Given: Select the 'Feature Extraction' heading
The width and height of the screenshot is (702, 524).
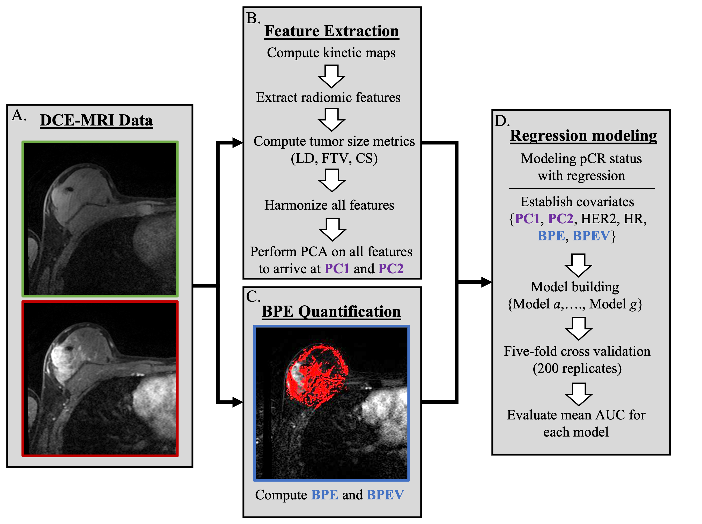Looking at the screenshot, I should point(331,31).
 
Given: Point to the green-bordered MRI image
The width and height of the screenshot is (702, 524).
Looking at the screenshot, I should point(100,219).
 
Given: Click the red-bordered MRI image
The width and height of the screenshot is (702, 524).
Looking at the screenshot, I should point(100,378).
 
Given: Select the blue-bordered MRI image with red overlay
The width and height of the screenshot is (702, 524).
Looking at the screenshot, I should point(331,403).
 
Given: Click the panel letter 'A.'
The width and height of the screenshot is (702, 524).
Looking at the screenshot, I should point(19,115).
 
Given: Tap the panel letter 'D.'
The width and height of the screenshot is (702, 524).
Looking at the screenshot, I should point(502,121).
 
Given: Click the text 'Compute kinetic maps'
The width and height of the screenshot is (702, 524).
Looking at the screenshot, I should point(331,53).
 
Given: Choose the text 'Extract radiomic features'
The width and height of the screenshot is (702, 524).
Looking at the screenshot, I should point(328,97).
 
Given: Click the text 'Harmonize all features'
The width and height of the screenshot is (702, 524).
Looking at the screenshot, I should point(329,205).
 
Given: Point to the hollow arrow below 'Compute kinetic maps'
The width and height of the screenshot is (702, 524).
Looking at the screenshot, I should point(331,76).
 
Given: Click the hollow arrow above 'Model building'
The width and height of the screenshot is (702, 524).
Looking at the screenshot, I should point(578,265).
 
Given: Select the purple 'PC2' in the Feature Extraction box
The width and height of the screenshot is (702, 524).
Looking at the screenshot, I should point(390,269).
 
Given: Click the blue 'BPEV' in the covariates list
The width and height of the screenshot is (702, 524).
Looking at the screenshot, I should point(591,236).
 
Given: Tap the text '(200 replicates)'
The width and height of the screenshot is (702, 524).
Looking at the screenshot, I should point(577,368).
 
